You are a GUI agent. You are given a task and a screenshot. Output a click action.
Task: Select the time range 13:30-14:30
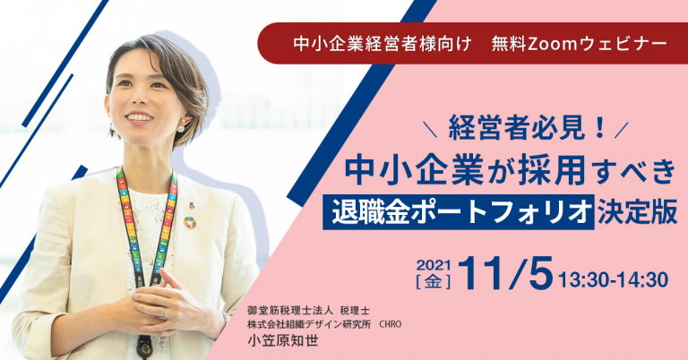(614, 279)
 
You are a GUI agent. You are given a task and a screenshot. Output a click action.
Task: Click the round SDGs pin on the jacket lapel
(190, 221)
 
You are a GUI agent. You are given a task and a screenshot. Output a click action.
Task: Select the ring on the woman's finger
(167, 313)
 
